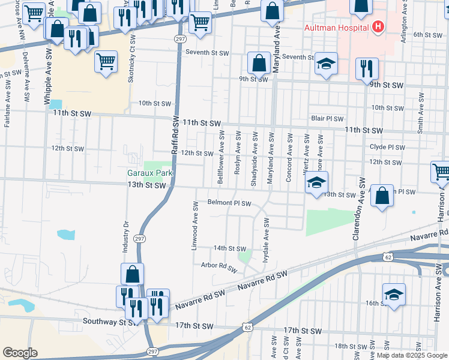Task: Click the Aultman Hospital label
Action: click(337, 28)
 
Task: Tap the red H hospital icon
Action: click(378, 26)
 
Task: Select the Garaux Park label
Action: click(150, 173)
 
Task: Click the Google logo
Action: click(20, 353)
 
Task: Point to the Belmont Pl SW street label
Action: click(229, 203)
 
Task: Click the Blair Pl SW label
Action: click(327, 119)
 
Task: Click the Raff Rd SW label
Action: click(175, 135)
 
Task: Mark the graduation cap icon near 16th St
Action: click(394, 294)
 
